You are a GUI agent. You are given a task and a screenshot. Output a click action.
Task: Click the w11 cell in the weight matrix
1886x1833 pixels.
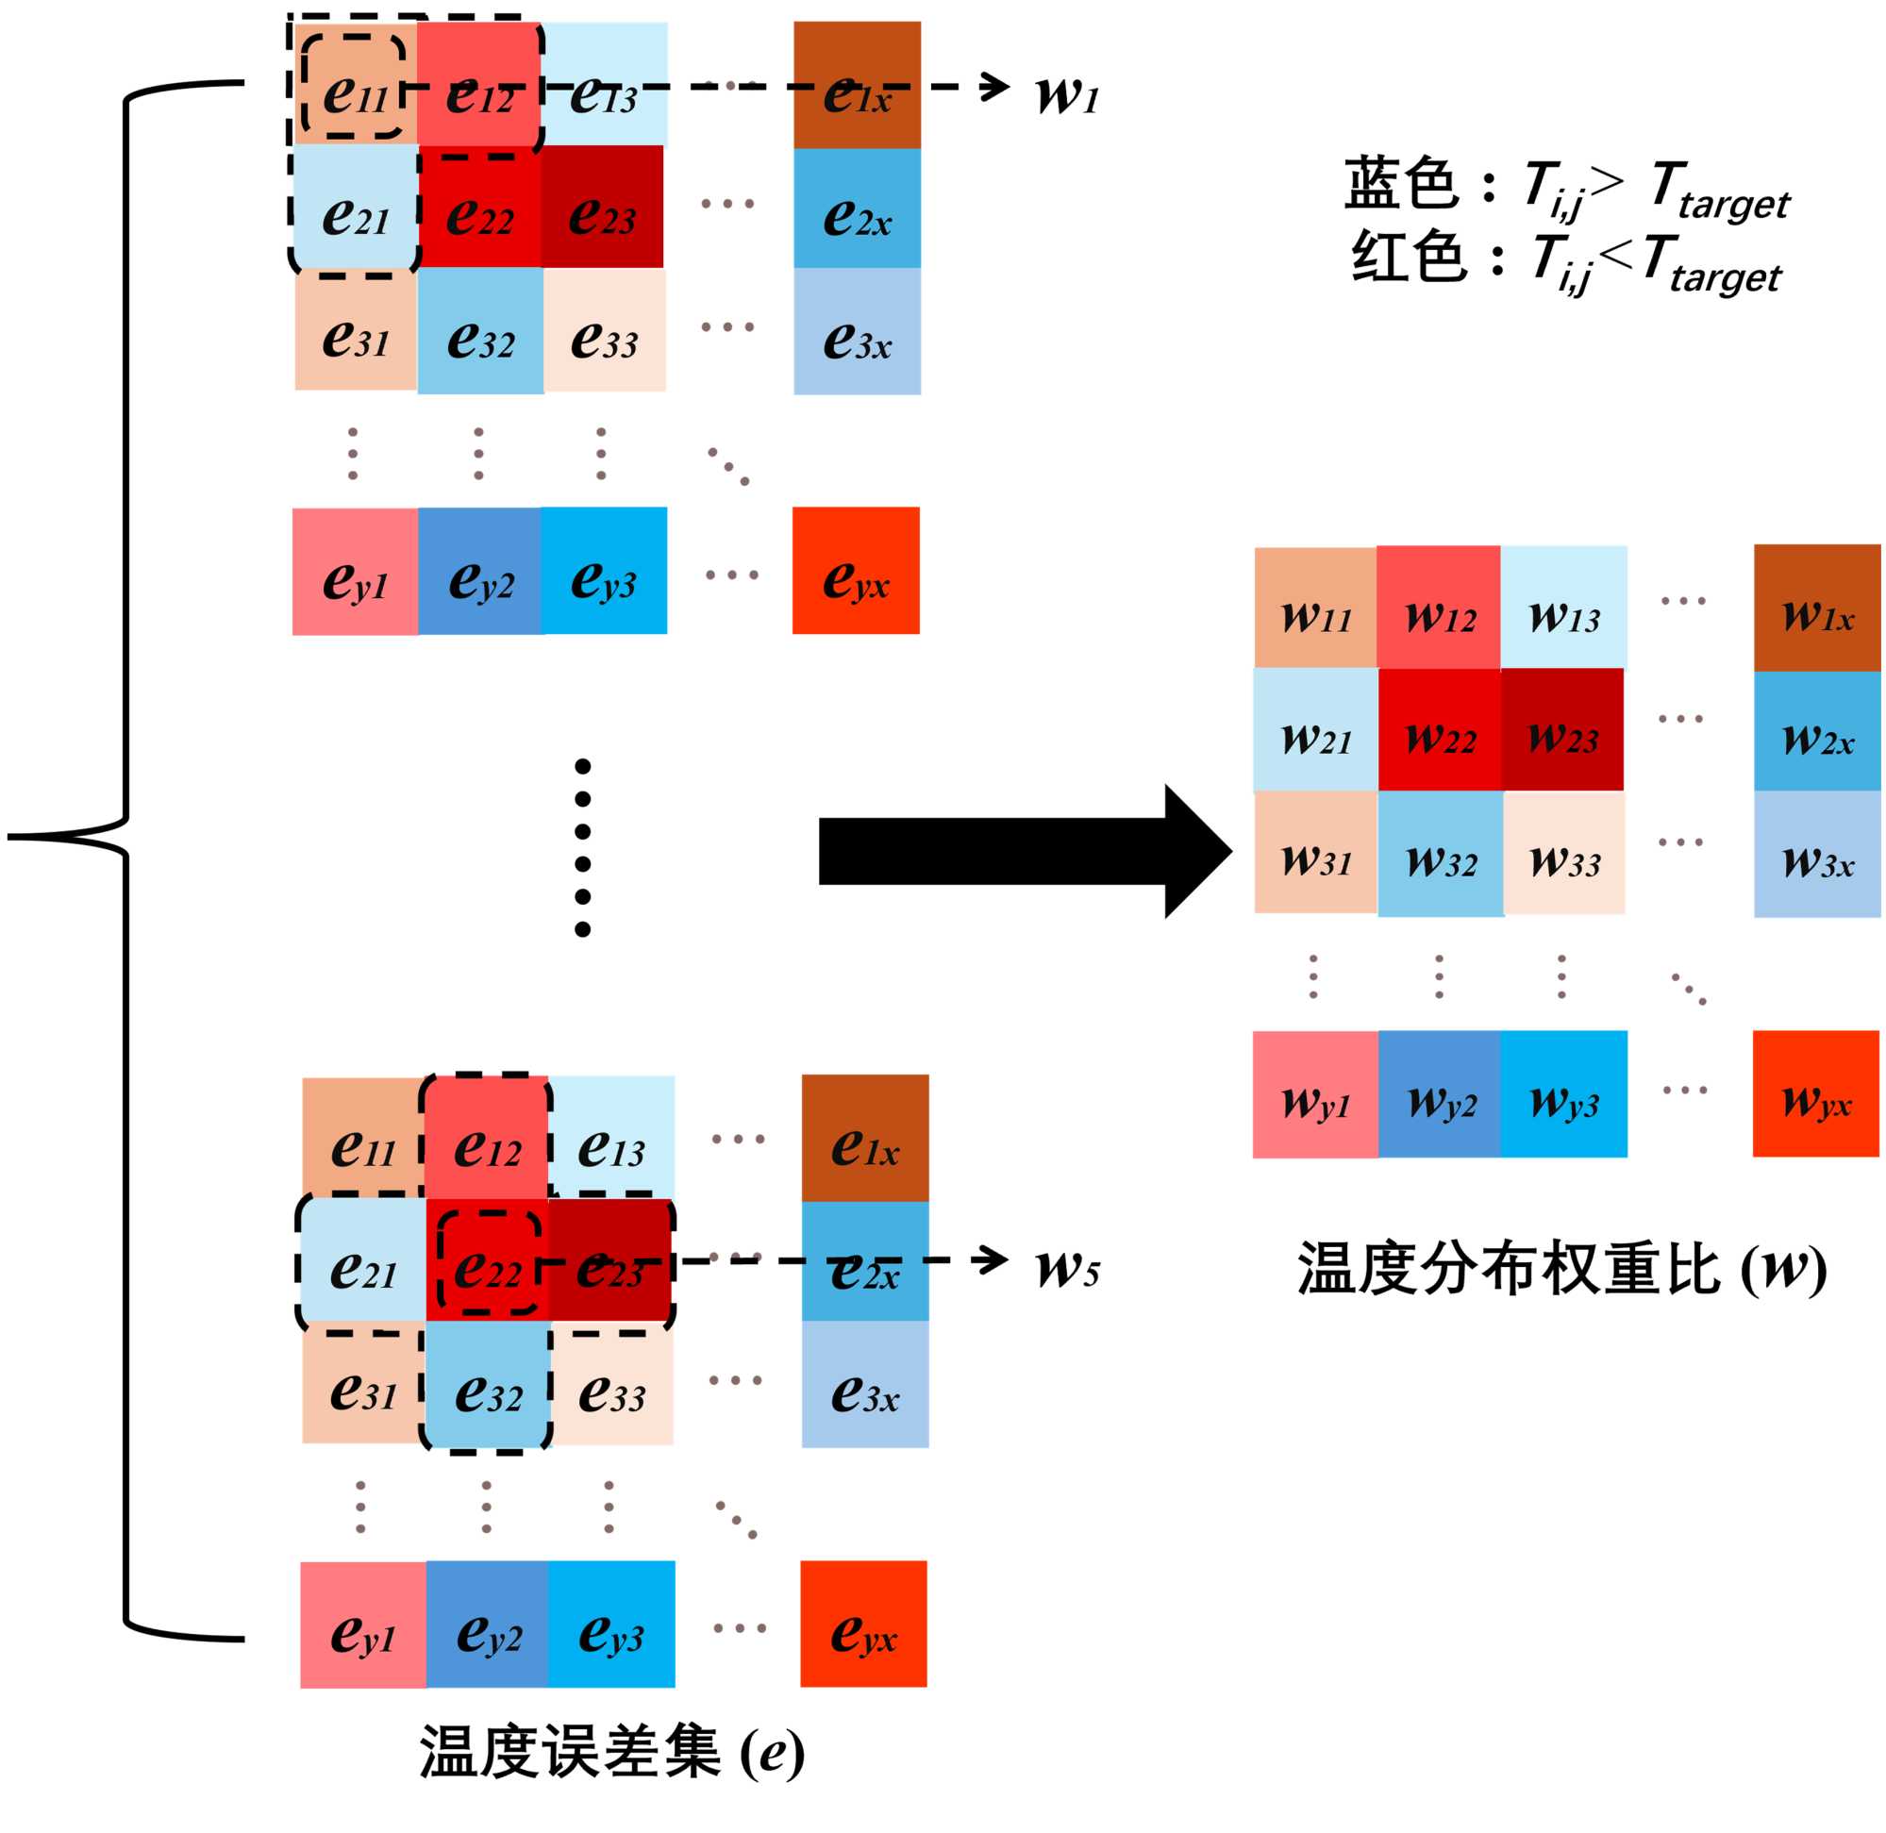coord(1315,608)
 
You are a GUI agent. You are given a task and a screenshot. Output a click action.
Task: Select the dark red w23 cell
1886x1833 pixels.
coord(1561,729)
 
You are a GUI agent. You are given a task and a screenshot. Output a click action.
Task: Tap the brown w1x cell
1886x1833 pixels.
coord(1816,608)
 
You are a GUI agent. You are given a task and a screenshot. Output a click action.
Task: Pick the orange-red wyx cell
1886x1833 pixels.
coord(1814,1093)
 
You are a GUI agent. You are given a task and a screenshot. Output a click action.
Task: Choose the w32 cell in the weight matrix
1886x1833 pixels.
coord(1441,853)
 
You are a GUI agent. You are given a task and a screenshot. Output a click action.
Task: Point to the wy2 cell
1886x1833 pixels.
coord(1440,1093)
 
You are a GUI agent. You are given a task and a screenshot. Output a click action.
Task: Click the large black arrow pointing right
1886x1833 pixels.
coord(1021,851)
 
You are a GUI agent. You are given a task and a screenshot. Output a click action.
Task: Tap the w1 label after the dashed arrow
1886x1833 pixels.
coord(1067,94)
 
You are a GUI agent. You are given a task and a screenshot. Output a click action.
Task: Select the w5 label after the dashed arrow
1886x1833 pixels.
coord(1067,1268)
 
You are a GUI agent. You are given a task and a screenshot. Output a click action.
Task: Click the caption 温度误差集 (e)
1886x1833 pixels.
coord(611,1752)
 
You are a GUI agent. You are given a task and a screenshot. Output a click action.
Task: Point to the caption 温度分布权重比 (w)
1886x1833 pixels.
coord(1560,1269)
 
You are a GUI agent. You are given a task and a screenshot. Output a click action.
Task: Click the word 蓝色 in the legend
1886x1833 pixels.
coord(1401,182)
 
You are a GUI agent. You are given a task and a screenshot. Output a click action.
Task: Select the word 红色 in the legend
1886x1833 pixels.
coord(1408,256)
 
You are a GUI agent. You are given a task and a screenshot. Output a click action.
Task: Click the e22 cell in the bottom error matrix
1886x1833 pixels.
coord(487,1261)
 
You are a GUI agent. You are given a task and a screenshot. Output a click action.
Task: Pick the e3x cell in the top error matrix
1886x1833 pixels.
coord(857,331)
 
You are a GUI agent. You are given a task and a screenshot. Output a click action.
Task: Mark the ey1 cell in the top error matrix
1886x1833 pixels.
coord(355,572)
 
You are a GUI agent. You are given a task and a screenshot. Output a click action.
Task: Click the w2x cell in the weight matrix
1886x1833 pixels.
coord(1816,731)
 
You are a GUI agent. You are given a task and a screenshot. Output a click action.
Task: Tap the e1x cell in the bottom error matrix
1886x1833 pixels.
coord(864,1138)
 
